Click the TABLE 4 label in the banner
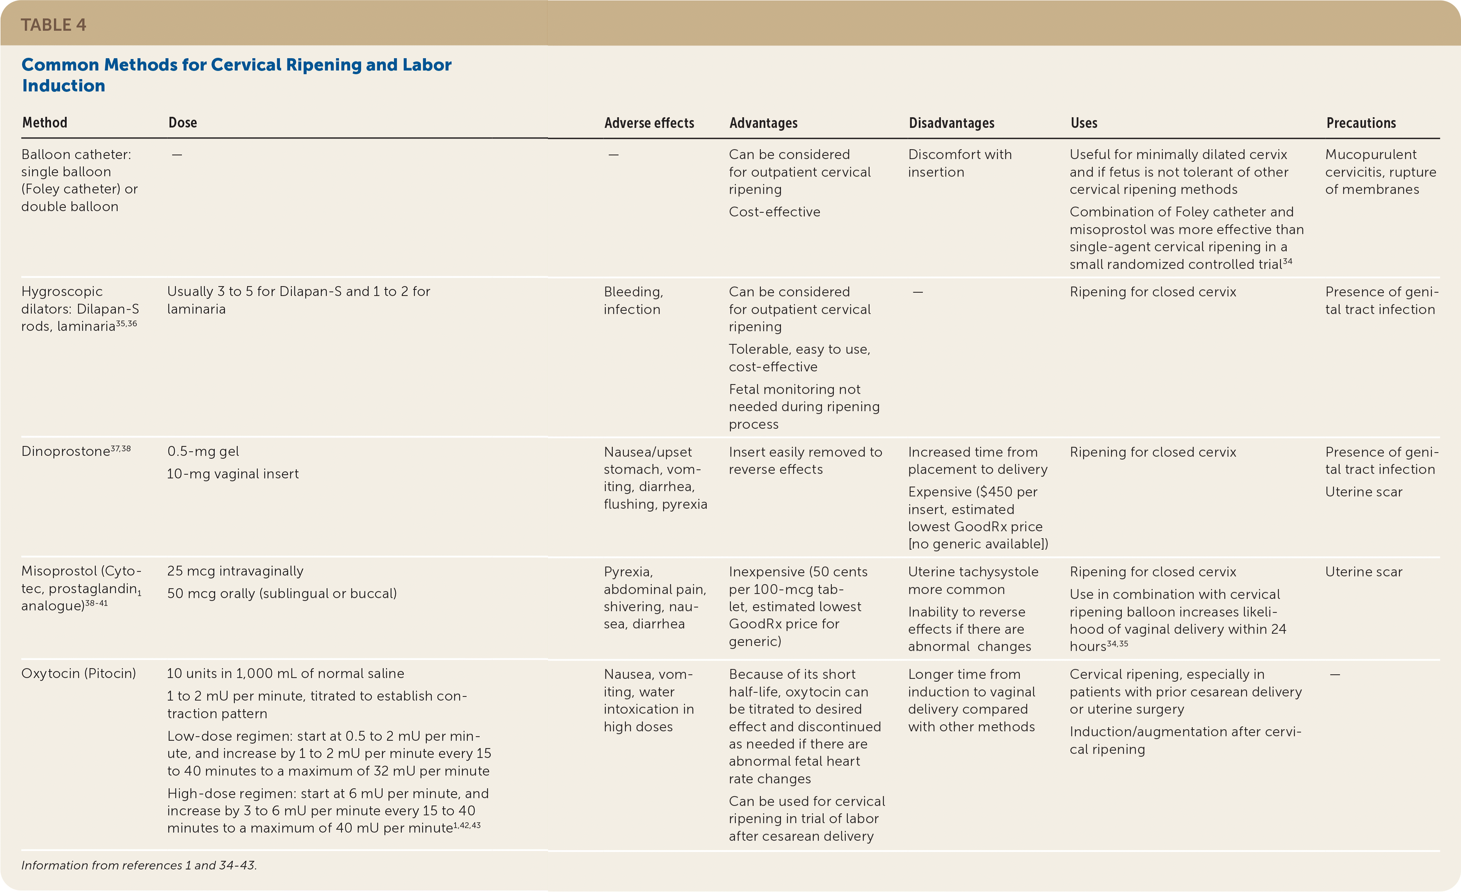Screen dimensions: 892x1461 [x=53, y=25]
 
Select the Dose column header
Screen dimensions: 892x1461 [x=183, y=123]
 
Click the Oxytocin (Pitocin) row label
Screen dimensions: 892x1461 [x=78, y=673]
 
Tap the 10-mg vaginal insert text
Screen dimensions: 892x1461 [x=233, y=473]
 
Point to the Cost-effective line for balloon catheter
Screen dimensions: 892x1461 [x=774, y=212]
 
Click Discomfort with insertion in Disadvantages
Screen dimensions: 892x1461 [x=959, y=163]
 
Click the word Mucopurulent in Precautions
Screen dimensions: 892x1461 [x=1370, y=154]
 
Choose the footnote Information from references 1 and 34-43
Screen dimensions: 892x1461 [x=139, y=865]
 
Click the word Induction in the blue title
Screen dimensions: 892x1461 [x=64, y=86]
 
